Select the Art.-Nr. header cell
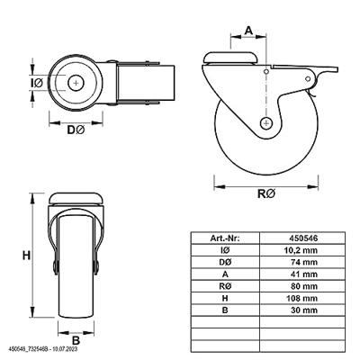point(223,238)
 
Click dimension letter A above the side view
point(248,28)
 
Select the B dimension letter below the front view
point(76,339)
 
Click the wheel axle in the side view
point(266,122)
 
